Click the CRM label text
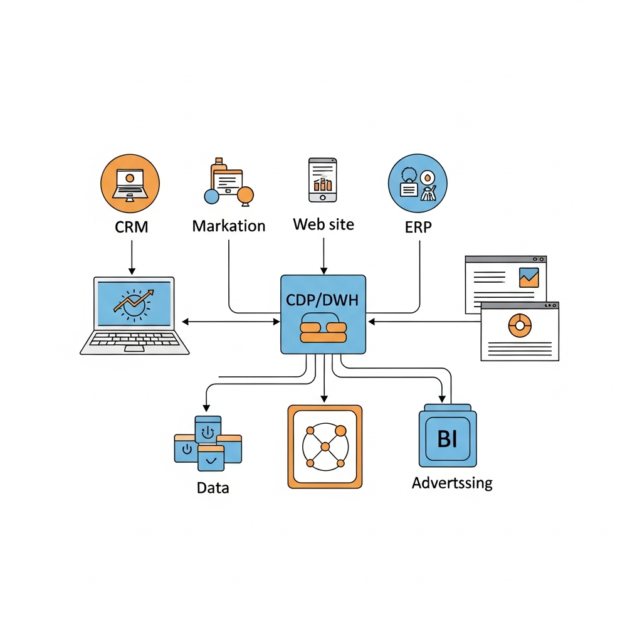[132, 226]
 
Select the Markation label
[228, 226]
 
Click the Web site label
[324, 224]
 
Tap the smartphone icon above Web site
[322, 180]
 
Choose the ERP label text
[418, 226]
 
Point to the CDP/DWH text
[323, 300]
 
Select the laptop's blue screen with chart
[133, 303]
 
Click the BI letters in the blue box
[447, 439]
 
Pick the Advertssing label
[451, 483]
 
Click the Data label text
[213, 487]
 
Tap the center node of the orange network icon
[324, 446]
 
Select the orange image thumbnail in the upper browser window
[529, 277]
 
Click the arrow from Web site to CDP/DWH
[324, 256]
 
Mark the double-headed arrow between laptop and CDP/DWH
[231, 322]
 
